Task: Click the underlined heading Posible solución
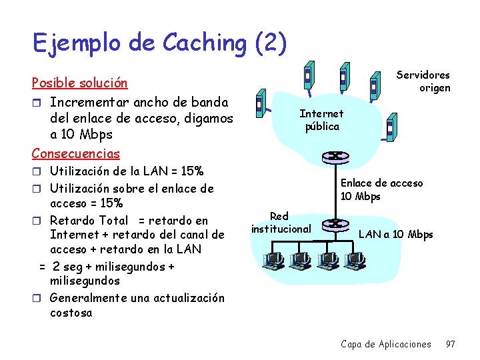[79, 84]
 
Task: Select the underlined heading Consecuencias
[75, 153]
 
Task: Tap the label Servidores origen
[424, 81]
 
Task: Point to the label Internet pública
[321, 120]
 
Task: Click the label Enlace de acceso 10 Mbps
[381, 189]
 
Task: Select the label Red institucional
[281, 223]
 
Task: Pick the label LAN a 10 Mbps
[395, 234]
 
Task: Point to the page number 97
[450, 344]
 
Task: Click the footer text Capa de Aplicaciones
[385, 344]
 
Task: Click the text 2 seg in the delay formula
[69, 266]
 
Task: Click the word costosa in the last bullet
[71, 313]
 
